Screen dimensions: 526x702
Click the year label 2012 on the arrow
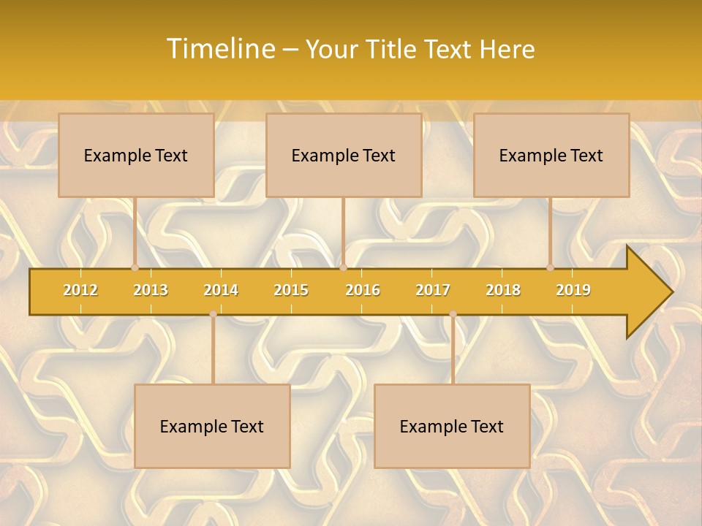tap(80, 290)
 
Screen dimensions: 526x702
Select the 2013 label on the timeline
tap(151, 290)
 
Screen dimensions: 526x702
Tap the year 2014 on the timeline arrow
tap(221, 290)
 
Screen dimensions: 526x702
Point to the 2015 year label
tap(291, 290)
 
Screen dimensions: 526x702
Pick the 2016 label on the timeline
tap(363, 290)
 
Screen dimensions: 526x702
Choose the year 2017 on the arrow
tap(433, 290)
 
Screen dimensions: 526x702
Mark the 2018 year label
tap(503, 290)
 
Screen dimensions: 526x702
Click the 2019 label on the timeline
tap(573, 290)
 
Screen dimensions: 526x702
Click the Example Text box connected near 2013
tap(136, 155)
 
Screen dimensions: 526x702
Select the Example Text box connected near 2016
tap(344, 155)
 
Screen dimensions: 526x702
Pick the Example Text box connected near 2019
tap(551, 155)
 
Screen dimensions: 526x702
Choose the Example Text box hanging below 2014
tap(212, 426)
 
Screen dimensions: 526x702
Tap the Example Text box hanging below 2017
tap(452, 426)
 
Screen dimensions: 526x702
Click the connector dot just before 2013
tap(135, 268)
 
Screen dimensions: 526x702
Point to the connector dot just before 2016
tap(343, 268)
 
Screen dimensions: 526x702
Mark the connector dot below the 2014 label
tap(213, 313)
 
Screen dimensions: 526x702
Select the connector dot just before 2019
tap(550, 268)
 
